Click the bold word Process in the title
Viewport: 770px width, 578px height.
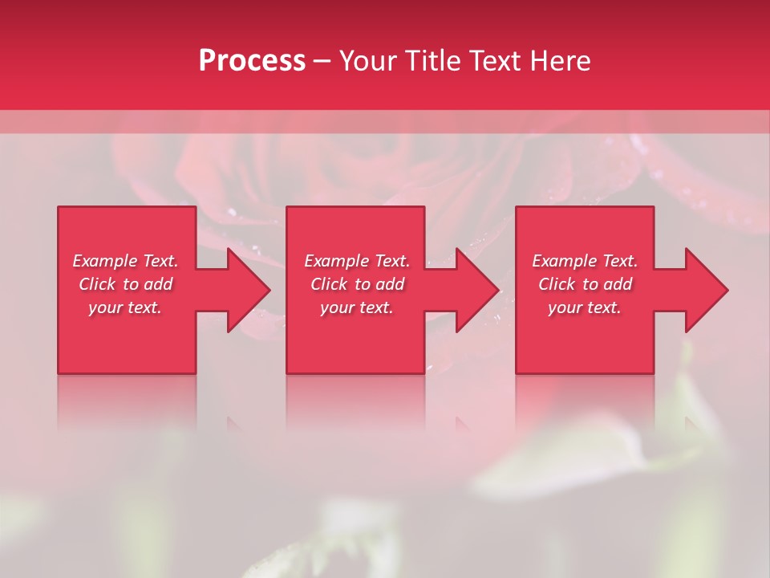coord(252,61)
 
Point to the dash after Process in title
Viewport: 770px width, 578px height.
coord(322,62)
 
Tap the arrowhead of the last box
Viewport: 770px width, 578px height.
coord(705,290)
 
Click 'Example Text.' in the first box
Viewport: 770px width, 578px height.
coord(125,261)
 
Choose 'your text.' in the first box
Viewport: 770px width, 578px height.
coord(125,307)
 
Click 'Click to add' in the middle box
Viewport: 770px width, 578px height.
coord(357,284)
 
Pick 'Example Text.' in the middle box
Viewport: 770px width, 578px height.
coord(357,261)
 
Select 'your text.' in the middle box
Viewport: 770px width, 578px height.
coord(357,307)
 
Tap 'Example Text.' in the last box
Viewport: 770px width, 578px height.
coord(585,261)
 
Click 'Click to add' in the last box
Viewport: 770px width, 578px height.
coord(585,284)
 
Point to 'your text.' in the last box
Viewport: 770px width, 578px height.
coord(585,307)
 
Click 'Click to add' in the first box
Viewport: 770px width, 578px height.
coord(125,284)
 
